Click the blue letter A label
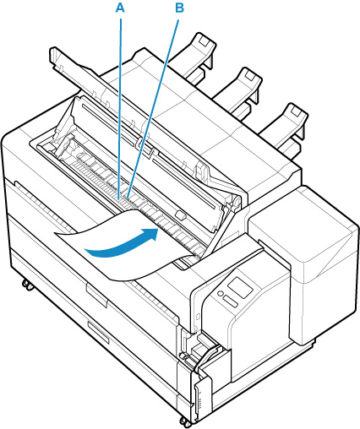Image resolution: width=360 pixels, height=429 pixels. point(120,8)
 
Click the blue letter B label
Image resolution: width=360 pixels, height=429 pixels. point(179,8)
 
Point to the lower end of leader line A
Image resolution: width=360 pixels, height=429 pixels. point(119,198)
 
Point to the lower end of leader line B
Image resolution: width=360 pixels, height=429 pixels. point(128,198)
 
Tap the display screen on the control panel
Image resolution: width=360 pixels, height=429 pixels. point(240,288)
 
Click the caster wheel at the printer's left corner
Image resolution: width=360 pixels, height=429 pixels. point(27,285)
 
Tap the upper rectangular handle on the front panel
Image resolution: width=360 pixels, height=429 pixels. point(96,295)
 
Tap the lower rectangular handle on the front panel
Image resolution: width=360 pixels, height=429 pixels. point(98,332)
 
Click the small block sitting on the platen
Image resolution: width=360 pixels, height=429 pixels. point(180,214)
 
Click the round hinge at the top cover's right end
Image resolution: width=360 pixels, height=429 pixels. point(236,201)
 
